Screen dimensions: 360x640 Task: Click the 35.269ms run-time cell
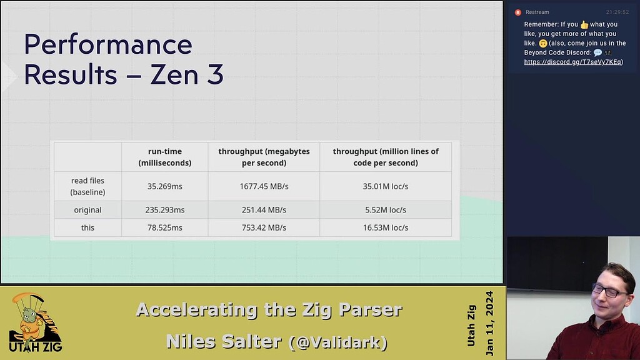(165, 186)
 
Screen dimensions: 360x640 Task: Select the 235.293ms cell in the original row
(165, 210)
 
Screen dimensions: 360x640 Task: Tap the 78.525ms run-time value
(165, 227)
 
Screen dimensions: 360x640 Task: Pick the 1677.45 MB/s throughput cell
(264, 186)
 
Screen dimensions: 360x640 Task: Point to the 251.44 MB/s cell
(264, 210)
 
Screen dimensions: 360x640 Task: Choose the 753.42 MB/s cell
(264, 227)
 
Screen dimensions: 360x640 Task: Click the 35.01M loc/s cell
(386, 186)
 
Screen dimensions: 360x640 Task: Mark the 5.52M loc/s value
(386, 210)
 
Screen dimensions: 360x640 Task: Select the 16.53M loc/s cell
(386, 227)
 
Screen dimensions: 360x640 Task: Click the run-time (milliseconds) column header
(165, 157)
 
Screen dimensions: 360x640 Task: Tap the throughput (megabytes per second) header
(264, 157)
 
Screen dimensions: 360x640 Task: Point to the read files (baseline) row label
(87, 186)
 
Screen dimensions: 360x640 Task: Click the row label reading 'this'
(87, 227)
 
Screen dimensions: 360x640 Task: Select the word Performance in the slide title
(108, 45)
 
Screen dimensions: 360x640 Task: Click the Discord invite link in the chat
(573, 62)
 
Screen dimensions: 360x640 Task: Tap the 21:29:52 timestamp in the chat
(617, 12)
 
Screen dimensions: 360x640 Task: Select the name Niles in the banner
(193, 341)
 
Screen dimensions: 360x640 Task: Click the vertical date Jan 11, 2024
(489, 323)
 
